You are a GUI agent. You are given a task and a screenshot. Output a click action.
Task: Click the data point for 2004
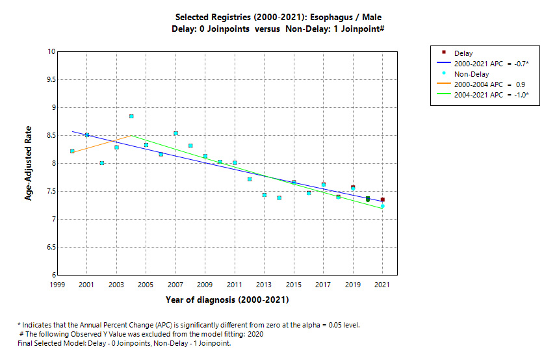(131, 116)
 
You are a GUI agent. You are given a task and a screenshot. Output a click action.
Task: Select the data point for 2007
(175, 133)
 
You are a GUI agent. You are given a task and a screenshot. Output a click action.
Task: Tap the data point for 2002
(102, 163)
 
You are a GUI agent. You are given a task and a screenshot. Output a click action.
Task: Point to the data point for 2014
(279, 198)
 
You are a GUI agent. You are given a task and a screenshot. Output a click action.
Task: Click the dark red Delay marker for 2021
(382, 199)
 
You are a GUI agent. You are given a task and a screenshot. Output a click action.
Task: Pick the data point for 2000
(72, 151)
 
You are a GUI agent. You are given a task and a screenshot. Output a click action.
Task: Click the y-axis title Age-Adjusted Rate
(29, 164)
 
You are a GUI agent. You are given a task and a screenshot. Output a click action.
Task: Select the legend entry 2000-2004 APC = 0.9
(489, 84)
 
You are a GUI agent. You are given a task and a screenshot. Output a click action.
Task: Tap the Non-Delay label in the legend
(473, 74)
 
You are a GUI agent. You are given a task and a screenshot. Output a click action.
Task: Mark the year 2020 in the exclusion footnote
(255, 334)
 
